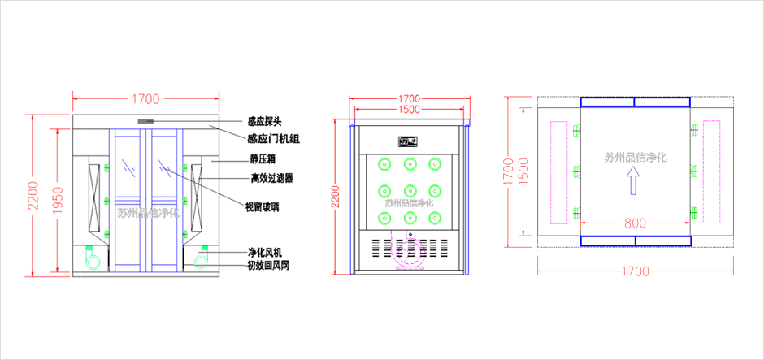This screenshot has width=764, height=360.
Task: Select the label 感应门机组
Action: (x=273, y=139)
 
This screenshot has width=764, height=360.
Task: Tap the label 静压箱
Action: (x=264, y=160)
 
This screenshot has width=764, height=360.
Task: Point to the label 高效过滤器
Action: (x=271, y=178)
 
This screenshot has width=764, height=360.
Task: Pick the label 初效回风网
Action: (x=269, y=266)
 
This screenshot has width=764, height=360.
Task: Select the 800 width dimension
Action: (x=636, y=220)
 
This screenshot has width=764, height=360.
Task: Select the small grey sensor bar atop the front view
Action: (x=146, y=121)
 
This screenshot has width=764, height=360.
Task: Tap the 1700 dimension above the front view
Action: (x=145, y=99)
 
